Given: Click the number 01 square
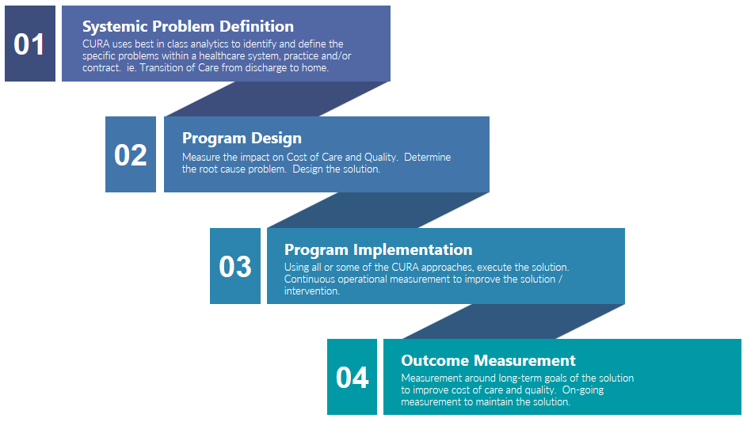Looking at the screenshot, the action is (x=30, y=44).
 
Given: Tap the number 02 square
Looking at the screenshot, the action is (x=131, y=154).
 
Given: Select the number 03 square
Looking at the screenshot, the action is (x=235, y=266).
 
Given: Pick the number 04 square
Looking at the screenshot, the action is (x=352, y=377).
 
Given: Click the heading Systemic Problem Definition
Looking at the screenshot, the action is (x=189, y=26).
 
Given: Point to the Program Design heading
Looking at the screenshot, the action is (x=242, y=138).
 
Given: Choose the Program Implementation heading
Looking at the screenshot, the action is (x=379, y=249).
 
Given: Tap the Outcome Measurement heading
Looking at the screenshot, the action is (x=488, y=360).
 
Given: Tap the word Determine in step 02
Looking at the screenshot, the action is (x=427, y=158).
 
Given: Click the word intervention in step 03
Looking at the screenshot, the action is (x=312, y=291).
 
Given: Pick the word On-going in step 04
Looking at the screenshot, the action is (x=583, y=390).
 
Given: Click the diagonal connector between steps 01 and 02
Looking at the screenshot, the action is (x=278, y=99).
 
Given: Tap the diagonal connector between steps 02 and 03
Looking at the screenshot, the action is (x=379, y=210).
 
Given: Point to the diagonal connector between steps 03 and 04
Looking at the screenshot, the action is (x=513, y=321).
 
